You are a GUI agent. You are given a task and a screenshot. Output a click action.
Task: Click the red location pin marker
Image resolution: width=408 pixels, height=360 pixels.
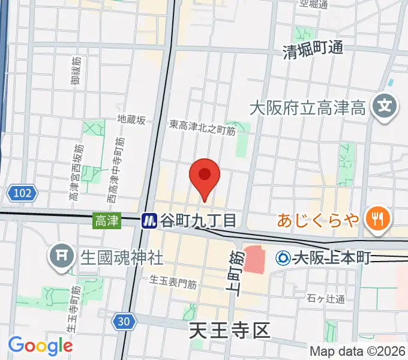pyautogui.click(x=205, y=175)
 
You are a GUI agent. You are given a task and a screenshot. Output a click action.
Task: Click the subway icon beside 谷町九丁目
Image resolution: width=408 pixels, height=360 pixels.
pyautogui.click(x=149, y=221)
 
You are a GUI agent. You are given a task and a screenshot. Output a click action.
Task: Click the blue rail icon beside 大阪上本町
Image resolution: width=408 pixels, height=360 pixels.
pyautogui.click(x=283, y=258)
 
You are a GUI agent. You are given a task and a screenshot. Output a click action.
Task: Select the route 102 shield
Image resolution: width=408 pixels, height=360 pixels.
pyautogui.click(x=23, y=193)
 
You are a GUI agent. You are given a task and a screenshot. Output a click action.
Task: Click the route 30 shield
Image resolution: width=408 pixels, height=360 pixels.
pyautogui.click(x=123, y=322)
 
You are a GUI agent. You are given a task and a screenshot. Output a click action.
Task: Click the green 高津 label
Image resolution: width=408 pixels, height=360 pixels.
pyautogui.click(x=106, y=221)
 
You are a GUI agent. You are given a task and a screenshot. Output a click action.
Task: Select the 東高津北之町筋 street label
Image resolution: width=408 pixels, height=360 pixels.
pyautogui.click(x=202, y=125)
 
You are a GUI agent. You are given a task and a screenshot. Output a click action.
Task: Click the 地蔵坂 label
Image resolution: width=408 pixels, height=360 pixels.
pyautogui.click(x=131, y=120)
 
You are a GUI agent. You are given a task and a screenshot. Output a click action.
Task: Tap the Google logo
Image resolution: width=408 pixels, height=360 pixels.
pyautogui.click(x=40, y=346)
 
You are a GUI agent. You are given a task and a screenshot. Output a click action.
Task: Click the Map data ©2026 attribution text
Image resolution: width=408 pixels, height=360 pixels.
pyautogui.click(x=357, y=352)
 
